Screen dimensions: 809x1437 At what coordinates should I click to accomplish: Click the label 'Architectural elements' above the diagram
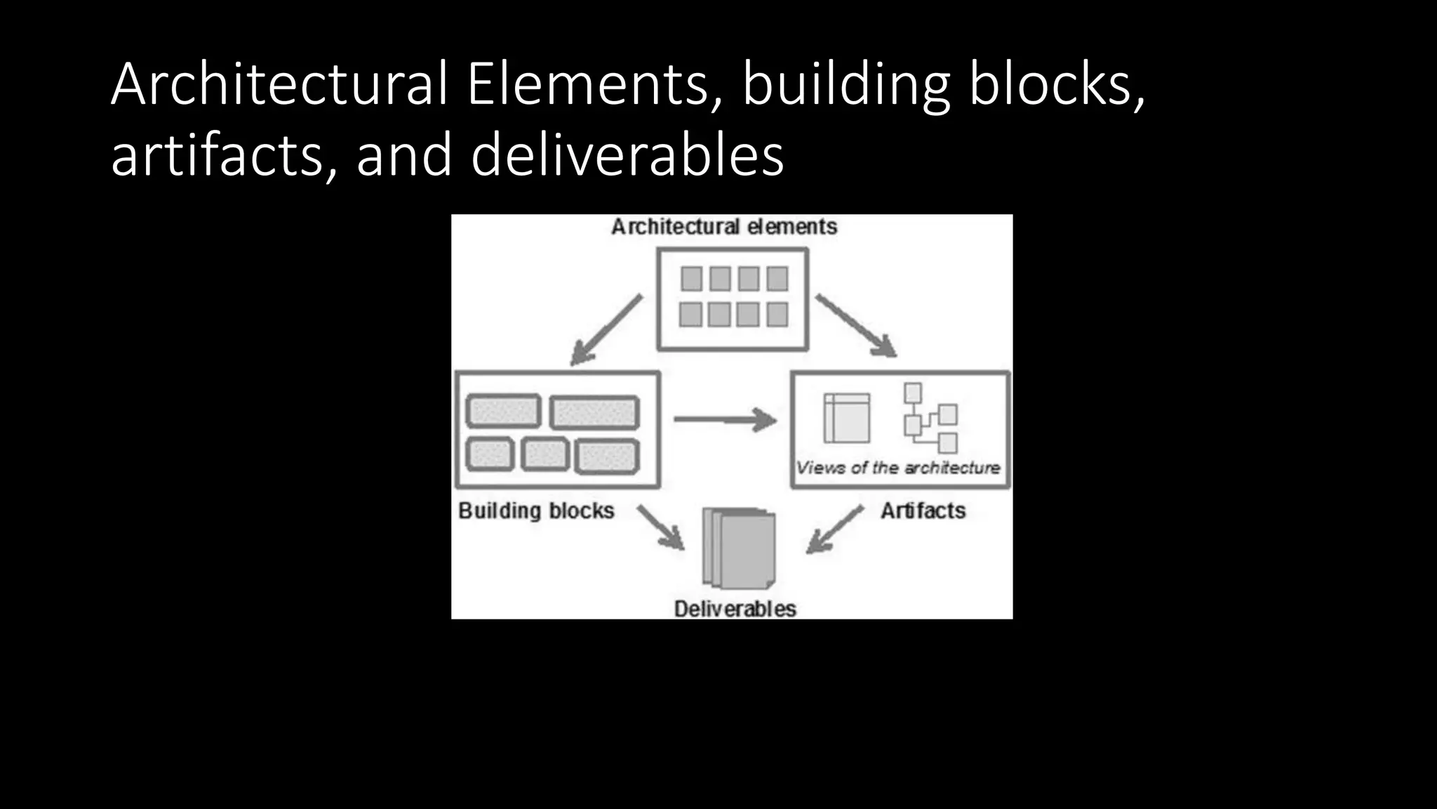(x=724, y=227)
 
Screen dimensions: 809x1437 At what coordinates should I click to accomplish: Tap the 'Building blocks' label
(x=536, y=511)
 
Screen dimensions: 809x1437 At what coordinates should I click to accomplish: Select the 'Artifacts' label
(x=923, y=511)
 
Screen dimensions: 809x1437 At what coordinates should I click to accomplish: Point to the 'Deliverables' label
(x=735, y=609)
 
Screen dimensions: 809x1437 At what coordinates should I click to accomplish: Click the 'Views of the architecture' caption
(x=898, y=468)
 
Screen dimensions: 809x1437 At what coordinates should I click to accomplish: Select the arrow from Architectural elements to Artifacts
(x=856, y=326)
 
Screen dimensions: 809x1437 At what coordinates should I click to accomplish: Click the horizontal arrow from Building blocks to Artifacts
(x=725, y=420)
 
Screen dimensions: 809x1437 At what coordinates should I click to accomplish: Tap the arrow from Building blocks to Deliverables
(x=660, y=527)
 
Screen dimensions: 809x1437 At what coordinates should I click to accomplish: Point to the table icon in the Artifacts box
(x=846, y=418)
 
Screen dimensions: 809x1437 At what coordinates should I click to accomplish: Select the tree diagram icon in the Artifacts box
(x=930, y=419)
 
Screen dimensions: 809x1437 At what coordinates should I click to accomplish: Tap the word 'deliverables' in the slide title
(x=627, y=156)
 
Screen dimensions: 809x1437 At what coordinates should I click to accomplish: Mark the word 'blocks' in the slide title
(x=1056, y=84)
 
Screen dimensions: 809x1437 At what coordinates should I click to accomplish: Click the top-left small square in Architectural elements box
(x=691, y=279)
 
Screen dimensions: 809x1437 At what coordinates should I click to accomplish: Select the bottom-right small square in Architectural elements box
(x=777, y=315)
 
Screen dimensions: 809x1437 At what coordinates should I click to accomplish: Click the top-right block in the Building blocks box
(x=594, y=412)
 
